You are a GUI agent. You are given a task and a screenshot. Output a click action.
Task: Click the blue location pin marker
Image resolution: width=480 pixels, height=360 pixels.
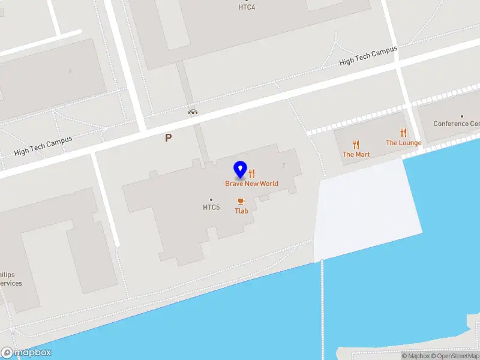[x=241, y=170]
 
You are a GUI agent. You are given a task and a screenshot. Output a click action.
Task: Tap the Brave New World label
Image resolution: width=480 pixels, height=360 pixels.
[x=251, y=184]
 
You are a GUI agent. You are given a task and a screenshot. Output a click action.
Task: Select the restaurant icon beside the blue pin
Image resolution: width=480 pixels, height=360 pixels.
[x=252, y=174]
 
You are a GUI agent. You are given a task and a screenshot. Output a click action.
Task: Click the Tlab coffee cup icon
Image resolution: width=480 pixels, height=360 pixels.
[x=241, y=201]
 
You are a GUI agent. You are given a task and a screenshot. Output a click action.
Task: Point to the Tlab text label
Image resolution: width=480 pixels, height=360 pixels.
[x=241, y=211]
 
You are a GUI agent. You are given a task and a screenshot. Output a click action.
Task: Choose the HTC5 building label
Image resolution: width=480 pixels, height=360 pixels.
[x=211, y=208]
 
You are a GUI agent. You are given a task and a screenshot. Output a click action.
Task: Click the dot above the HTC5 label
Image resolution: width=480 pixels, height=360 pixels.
[x=211, y=200]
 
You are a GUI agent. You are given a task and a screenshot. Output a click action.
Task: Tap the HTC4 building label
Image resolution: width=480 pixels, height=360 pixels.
[x=247, y=7]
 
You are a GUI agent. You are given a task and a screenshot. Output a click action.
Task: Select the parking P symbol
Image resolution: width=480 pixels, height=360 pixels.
[x=169, y=137]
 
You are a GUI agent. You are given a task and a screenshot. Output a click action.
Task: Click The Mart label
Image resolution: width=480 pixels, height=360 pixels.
[x=356, y=154]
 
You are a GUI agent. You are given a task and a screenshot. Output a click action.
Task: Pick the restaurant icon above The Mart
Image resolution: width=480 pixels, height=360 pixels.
[x=356, y=144]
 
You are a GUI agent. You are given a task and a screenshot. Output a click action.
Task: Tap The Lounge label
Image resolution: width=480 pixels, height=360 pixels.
[x=403, y=143]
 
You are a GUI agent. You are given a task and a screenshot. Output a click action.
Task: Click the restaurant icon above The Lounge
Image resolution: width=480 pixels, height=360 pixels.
[x=403, y=133]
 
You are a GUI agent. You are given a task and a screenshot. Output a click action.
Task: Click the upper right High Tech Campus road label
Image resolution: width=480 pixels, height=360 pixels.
[x=368, y=57]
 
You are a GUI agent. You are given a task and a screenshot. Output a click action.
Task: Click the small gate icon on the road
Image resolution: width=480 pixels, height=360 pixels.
[x=193, y=111]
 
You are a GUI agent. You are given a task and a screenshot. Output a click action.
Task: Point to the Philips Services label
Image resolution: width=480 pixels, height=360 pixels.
[x=10, y=278]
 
